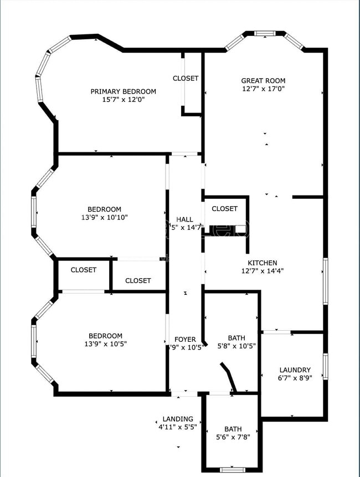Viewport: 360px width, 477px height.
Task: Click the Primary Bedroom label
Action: point(124,91)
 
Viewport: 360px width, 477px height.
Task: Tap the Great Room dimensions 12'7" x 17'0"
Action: point(263,89)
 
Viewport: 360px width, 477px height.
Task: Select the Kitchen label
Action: point(263,263)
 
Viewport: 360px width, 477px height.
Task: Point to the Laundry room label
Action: point(295,370)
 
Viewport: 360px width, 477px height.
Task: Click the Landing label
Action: point(178,419)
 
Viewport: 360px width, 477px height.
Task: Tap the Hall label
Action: point(185,219)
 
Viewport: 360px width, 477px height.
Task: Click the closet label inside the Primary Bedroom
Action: point(186,79)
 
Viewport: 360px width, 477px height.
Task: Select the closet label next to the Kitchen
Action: point(224,209)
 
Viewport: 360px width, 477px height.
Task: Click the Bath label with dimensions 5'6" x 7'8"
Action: point(233,429)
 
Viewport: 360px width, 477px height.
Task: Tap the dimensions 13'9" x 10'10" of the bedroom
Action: point(105,218)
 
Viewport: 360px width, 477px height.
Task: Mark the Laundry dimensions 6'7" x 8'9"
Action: point(295,378)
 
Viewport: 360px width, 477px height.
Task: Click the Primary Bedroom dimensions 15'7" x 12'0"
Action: point(124,100)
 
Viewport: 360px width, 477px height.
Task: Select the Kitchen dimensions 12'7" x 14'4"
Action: point(263,271)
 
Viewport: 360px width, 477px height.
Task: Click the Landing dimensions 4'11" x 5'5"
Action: point(178,427)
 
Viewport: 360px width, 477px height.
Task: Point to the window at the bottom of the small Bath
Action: point(233,469)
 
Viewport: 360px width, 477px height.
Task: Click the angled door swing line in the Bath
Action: point(229,377)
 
